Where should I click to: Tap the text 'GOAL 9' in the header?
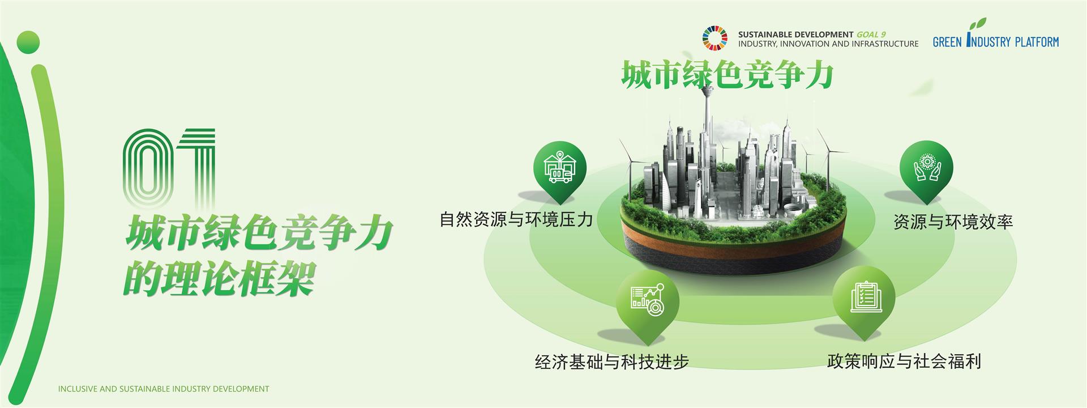click(x=871, y=35)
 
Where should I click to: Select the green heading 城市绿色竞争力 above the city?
click(x=727, y=76)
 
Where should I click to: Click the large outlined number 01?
click(x=169, y=168)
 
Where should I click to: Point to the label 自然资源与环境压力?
click(x=516, y=219)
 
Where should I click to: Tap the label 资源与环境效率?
click(x=953, y=222)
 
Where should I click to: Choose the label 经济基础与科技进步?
click(x=611, y=361)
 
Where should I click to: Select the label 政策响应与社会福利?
click(x=904, y=361)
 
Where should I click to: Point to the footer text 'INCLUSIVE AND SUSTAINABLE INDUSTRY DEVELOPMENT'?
click(x=164, y=389)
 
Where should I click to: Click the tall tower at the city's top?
click(x=707, y=130)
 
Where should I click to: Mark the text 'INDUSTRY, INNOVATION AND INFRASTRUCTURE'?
click(x=828, y=44)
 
